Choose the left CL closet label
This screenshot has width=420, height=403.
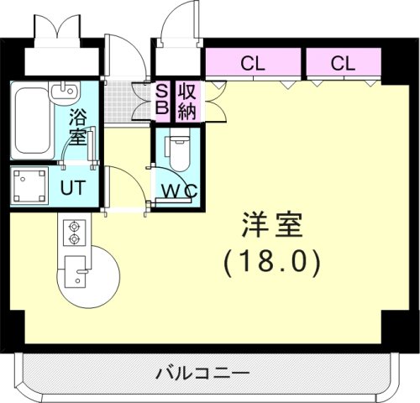point(252,62)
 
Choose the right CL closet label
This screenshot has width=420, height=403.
point(341,62)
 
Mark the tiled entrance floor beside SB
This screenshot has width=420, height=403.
point(129,102)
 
